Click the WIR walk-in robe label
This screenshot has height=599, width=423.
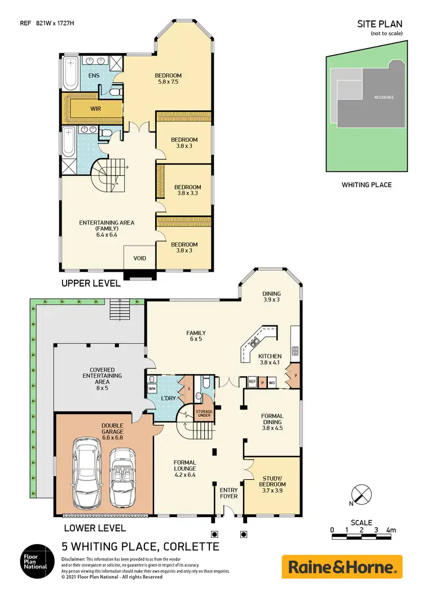pos(96,108)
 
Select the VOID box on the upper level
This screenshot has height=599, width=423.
pos(140,258)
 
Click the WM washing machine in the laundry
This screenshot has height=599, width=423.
pos(152,389)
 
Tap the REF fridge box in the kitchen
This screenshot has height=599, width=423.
pos(253,383)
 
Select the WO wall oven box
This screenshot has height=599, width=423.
pos(272,383)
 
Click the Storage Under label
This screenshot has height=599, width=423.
pos(204,413)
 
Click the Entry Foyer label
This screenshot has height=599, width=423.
pos(228,493)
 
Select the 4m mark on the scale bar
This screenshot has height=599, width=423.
pos(391,529)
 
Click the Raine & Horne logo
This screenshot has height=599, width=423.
pos(342,566)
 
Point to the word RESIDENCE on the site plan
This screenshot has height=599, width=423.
pos(384,97)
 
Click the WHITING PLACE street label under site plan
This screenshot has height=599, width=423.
pos(366,185)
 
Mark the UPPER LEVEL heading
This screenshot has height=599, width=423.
pos(91,283)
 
